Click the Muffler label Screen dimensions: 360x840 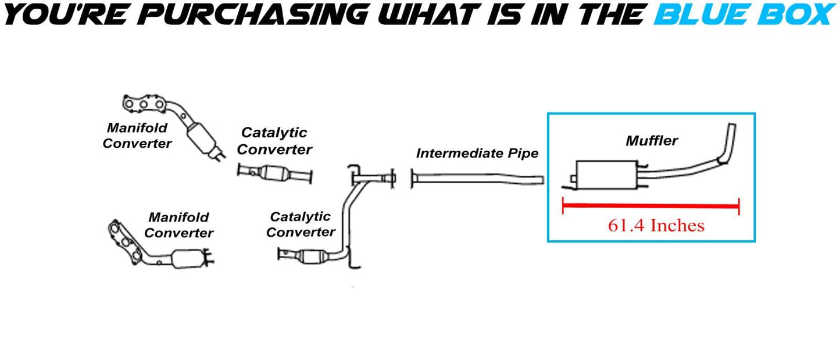click(652, 140)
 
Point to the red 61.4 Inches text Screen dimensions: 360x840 click(656, 225)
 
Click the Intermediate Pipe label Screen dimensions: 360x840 click(477, 154)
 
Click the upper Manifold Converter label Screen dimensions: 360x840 click(137, 135)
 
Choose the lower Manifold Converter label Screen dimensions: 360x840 click(178, 225)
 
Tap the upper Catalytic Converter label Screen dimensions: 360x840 click(274, 141)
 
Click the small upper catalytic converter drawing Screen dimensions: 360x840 click(276, 173)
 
